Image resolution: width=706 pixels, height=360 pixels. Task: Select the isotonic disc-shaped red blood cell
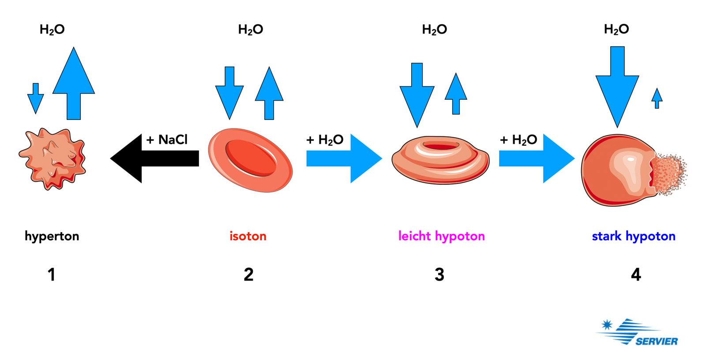[x=250, y=160]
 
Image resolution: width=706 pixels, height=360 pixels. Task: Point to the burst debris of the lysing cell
[x=670, y=174]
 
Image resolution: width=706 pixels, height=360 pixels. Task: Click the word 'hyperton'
[x=52, y=236]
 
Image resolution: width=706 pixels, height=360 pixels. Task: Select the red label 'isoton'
[x=248, y=236]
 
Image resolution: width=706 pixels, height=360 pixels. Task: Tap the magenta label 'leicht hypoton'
[x=441, y=236]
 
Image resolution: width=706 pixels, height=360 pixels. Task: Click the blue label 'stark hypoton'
[x=633, y=236]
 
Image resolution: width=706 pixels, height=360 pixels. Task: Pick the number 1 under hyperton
[x=52, y=274]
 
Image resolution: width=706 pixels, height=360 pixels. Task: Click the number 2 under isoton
[x=248, y=274]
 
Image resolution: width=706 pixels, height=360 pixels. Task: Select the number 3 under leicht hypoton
[x=439, y=274]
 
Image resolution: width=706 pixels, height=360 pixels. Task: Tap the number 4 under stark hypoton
[x=636, y=274]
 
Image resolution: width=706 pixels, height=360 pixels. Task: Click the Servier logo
[x=638, y=333]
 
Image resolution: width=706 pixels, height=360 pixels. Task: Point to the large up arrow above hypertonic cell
[x=74, y=86]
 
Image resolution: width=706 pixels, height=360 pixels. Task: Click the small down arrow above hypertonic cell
[x=36, y=98]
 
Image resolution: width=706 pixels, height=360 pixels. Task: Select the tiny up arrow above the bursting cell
[x=657, y=98]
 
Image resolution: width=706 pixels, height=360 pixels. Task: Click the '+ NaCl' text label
[x=167, y=140]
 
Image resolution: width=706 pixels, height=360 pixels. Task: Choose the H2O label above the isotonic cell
[x=251, y=30]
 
